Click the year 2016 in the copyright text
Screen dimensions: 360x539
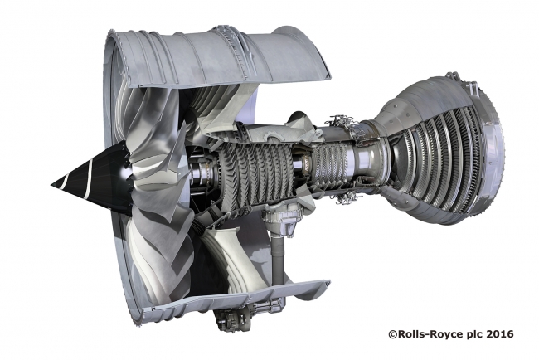(x=498, y=334)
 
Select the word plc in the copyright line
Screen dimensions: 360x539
(x=469, y=334)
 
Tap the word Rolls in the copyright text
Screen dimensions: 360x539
(x=409, y=334)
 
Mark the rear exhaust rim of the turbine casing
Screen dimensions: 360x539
(x=498, y=149)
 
